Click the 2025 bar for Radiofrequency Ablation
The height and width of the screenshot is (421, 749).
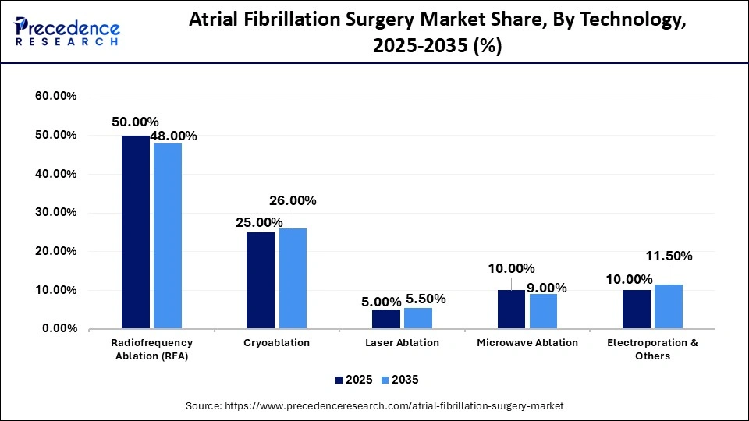[135, 232]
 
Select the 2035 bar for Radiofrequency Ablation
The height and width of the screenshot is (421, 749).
[167, 235]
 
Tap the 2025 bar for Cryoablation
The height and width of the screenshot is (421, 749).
[261, 280]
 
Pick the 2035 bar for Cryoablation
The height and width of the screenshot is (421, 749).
[293, 278]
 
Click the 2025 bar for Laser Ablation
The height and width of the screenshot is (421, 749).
[385, 319]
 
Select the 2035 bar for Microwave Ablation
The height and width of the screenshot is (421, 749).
[543, 311]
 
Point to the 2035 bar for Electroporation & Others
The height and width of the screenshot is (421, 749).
[668, 306]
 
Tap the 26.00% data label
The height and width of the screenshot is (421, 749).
[293, 200]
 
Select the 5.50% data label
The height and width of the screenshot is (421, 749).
[425, 299]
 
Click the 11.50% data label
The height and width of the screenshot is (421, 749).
[669, 256]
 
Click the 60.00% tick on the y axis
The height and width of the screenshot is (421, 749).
[55, 96]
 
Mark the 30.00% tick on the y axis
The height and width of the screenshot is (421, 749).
[55, 212]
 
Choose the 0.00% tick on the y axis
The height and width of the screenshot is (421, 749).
[59, 329]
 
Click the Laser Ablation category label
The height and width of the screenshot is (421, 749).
[401, 342]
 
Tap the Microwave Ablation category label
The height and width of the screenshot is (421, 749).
[527, 342]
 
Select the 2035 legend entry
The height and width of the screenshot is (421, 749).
[400, 380]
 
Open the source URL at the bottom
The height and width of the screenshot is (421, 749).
[374, 406]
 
